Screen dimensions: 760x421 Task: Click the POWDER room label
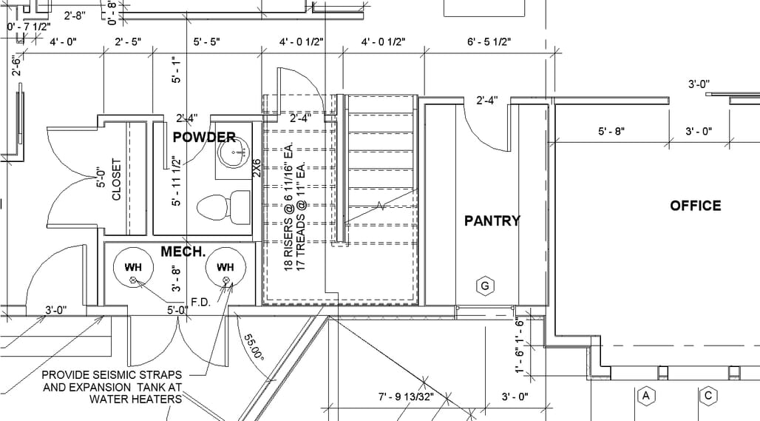pos(204,138)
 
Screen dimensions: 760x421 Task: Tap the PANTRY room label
pos(492,221)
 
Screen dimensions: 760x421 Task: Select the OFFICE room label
pos(696,206)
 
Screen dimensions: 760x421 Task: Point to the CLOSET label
pos(116,179)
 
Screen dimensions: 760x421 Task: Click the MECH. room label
pos(183,252)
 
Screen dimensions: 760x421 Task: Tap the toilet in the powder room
pos(223,207)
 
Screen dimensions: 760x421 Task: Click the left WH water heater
pos(133,268)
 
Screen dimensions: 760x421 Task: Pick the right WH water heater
pos(225,268)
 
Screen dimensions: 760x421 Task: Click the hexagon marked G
pos(485,286)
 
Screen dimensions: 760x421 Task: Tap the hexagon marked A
pos(645,397)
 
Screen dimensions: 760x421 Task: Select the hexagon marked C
pos(708,397)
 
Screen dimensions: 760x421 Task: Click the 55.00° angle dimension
pos(254,347)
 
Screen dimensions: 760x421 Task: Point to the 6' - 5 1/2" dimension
pos(489,41)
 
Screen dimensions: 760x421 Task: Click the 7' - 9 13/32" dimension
pos(406,397)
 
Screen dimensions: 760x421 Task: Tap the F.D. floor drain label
pos(200,302)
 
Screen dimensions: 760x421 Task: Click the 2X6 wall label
pos(257,168)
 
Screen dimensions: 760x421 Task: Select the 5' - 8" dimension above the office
pos(611,131)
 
